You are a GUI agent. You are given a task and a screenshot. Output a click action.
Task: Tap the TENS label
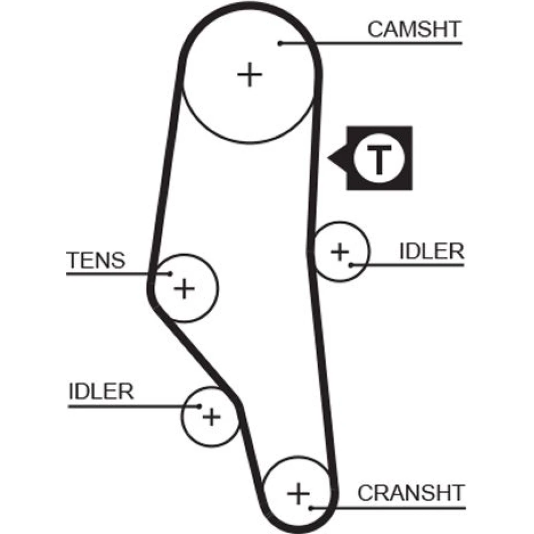96,260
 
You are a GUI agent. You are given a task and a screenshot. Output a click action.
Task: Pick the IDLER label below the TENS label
101,391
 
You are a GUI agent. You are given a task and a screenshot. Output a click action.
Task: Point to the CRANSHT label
411,492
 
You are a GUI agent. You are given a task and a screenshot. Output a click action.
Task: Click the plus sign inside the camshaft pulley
249,74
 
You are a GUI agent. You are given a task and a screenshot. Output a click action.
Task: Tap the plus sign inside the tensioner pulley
184,289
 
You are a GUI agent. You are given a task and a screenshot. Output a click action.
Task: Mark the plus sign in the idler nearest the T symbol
340,251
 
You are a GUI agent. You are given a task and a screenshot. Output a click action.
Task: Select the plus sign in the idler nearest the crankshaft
212,416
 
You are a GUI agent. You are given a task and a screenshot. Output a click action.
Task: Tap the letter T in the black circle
379,159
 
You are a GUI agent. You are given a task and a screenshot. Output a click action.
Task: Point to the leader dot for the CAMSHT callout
280,43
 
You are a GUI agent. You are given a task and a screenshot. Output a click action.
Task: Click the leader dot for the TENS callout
170,274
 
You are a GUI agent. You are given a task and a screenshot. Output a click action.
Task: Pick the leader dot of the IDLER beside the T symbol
351,264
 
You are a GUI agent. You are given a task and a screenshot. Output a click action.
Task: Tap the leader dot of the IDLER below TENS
199,406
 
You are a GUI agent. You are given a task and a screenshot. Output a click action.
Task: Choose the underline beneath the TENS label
107,274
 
